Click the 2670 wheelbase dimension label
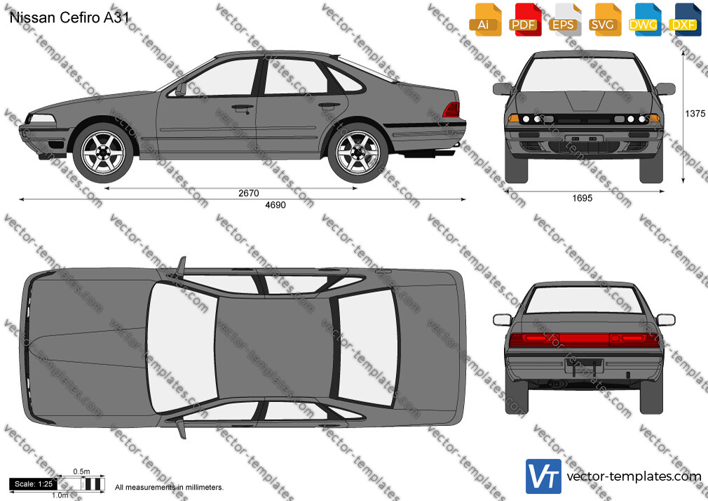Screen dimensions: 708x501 point(248,193)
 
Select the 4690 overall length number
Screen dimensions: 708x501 point(275,205)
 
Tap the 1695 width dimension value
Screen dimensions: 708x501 point(582,198)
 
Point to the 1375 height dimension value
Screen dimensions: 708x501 point(695,114)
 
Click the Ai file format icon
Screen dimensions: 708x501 point(485,20)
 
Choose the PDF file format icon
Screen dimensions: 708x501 point(525,20)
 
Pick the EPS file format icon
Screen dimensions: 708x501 point(565,20)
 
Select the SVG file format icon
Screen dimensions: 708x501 point(604,20)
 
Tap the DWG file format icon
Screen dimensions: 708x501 point(644,20)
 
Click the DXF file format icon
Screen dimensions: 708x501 point(685,20)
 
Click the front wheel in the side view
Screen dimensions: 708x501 point(104,152)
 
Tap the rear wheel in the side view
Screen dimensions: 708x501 point(358,152)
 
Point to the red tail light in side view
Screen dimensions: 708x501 point(451,109)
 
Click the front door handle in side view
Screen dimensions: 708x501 point(243,108)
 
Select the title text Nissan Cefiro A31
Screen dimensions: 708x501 point(69,18)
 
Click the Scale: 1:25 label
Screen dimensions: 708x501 point(34,484)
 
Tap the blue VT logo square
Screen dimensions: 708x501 point(544,476)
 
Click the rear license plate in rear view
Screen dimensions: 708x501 point(583,366)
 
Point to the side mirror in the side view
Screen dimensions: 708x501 point(181,89)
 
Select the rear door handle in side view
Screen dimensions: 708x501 point(329,106)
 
